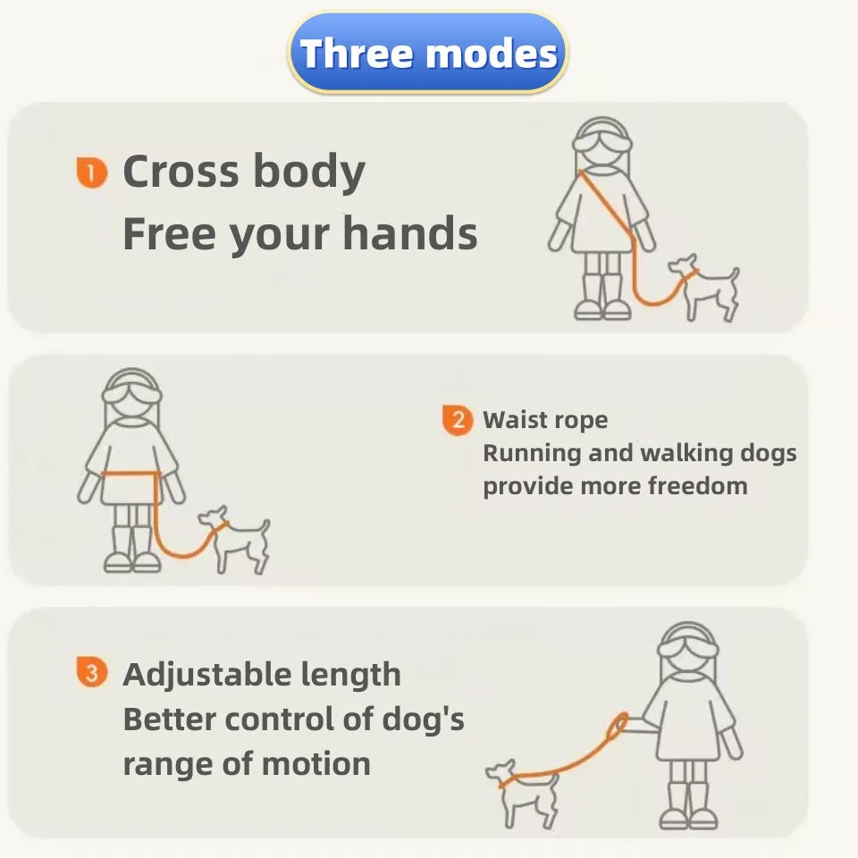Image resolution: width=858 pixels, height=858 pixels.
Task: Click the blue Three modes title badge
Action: (428, 53)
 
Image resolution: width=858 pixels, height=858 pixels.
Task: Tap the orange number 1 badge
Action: (91, 172)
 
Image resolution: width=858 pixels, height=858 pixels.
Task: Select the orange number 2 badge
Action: (458, 420)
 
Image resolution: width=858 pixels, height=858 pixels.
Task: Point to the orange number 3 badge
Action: (91, 671)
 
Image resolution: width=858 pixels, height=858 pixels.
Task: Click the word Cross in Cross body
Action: (181, 171)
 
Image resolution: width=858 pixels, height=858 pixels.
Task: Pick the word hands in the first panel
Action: (410, 233)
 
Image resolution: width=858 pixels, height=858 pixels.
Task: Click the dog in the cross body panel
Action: (705, 287)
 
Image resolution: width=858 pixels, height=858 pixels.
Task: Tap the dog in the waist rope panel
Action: (235, 539)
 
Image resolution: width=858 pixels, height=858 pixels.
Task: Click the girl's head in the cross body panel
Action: (601, 143)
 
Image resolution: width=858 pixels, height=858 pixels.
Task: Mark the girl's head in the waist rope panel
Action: (132, 395)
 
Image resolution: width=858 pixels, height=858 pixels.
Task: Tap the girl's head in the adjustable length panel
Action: (688, 649)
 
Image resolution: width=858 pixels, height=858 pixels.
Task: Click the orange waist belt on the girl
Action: (130, 474)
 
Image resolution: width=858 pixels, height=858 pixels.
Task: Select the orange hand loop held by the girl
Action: (618, 726)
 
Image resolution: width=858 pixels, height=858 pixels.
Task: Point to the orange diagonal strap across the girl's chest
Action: (606, 205)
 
